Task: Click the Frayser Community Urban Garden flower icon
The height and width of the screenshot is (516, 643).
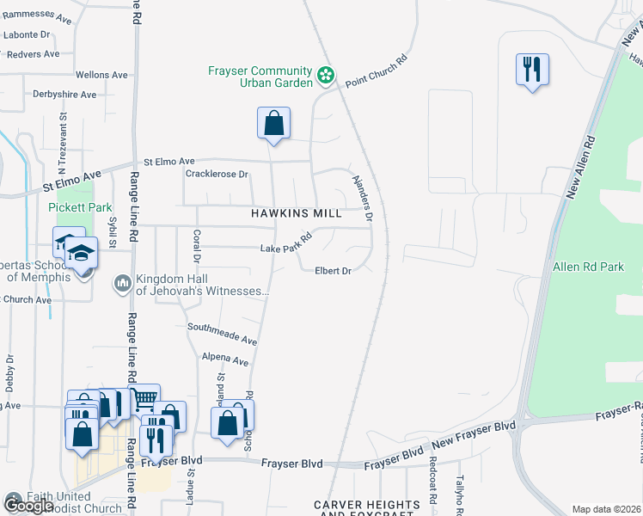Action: tap(326, 76)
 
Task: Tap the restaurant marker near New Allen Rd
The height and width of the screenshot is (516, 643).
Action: tap(532, 68)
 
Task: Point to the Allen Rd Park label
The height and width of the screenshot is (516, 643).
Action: tap(588, 267)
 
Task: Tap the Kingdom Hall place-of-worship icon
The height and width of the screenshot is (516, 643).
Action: tap(121, 283)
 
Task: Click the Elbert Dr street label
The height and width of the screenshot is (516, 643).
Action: tap(332, 271)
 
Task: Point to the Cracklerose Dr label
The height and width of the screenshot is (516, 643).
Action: tap(217, 174)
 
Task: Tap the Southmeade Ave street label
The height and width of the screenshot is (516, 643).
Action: tap(223, 334)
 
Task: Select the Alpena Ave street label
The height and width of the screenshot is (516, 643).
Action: tap(224, 359)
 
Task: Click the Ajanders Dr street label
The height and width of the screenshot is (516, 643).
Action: tap(362, 198)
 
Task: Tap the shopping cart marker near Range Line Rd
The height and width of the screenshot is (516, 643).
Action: tap(144, 398)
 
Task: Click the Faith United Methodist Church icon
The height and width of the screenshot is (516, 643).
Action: tap(13, 497)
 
